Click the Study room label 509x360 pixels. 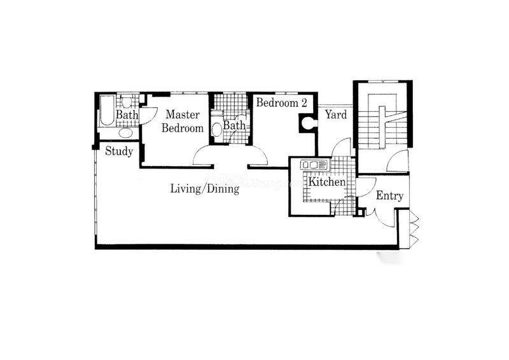pos(119,151)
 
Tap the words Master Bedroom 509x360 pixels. pos(183,121)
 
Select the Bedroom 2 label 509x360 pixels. pos(281,103)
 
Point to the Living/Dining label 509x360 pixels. pos(205,189)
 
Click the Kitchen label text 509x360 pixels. pos(327,182)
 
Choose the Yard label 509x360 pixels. pos(336,114)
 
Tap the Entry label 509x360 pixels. pos(389,196)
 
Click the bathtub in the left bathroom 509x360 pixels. pos(107,111)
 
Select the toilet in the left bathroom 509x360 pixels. pos(126,102)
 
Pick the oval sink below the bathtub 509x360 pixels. pos(125,133)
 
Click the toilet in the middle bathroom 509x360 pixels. pos(216,128)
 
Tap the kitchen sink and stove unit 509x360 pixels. pos(314,165)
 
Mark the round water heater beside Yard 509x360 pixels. pos(307,123)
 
